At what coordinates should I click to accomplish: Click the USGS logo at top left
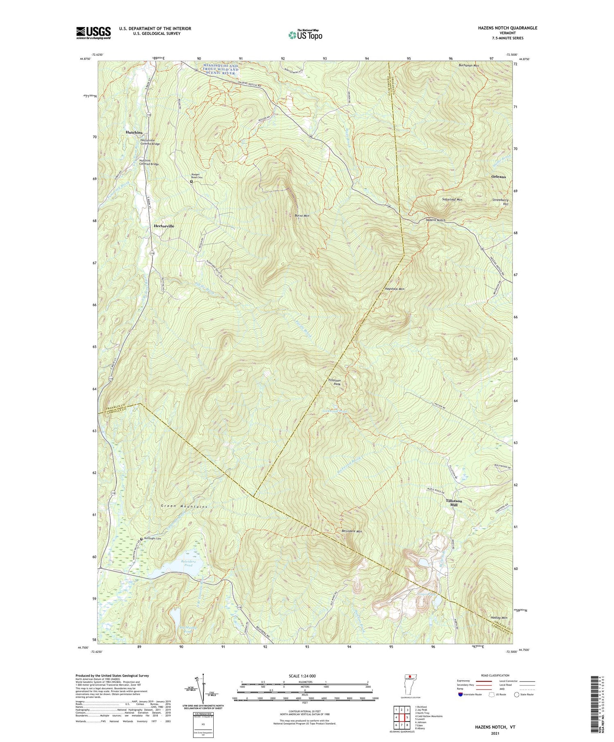(93, 33)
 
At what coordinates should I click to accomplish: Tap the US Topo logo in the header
(305, 35)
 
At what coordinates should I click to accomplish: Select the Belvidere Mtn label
(352, 531)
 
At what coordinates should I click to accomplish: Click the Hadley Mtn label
(499, 618)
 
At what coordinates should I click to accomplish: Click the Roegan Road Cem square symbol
(191, 181)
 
